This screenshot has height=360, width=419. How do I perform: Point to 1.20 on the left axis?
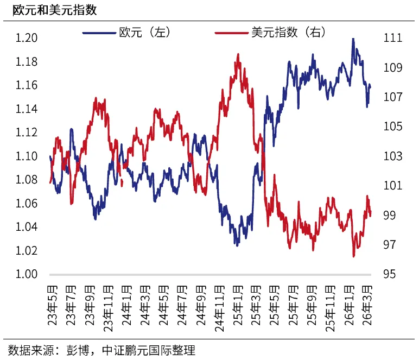tap(26, 38)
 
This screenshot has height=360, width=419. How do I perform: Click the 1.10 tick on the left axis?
tap(26, 156)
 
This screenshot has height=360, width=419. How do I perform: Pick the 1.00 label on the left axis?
tap(26, 274)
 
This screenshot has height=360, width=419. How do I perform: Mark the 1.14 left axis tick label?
tap(26, 109)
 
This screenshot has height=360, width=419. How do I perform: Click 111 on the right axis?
tap(392, 38)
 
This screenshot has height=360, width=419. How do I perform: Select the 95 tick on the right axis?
tap(390, 274)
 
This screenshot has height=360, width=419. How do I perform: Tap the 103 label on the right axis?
tap(392, 156)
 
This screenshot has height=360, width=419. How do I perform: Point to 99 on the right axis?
tap(390, 216)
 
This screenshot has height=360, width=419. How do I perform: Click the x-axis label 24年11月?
tap(219, 307)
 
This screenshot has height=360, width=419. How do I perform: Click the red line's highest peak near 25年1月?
tap(238, 54)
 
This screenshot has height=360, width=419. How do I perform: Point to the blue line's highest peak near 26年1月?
tap(353, 39)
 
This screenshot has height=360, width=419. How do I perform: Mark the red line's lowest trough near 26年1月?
tap(354, 256)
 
